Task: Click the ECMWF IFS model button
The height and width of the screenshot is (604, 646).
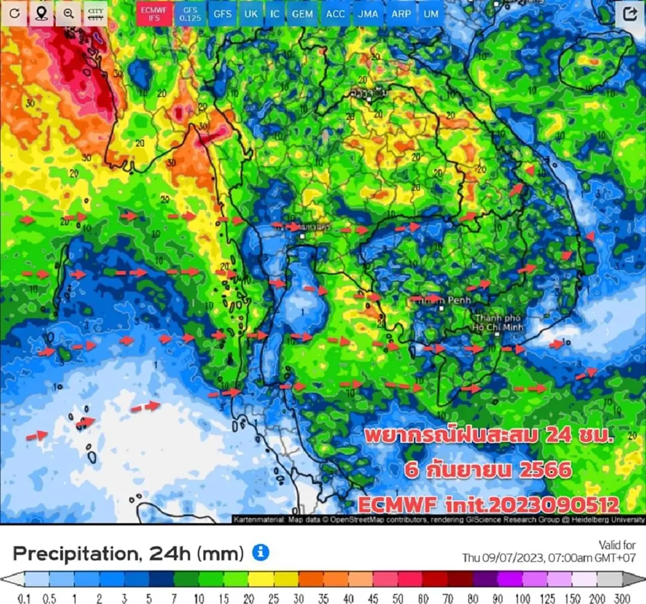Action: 154,14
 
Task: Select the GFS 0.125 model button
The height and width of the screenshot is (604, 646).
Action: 190,14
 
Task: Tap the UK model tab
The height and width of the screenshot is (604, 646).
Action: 251,14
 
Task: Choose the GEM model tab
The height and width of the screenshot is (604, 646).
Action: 302,14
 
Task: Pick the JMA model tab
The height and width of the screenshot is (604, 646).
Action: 368,14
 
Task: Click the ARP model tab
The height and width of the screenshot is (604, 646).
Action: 401,14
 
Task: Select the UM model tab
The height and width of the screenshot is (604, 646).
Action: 431,14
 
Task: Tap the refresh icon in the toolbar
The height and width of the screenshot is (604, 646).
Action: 15,13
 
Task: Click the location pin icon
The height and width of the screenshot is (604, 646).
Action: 41,13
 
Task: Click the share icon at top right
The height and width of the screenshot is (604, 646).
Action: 630,13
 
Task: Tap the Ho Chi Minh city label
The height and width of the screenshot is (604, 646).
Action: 498,322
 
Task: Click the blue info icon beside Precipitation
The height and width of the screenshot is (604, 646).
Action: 261,552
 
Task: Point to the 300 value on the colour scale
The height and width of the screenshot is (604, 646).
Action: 622,598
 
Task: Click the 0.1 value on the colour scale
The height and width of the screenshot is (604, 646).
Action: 24,598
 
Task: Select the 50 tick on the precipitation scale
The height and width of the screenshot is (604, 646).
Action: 397,598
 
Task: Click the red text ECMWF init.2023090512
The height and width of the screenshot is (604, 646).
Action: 489,504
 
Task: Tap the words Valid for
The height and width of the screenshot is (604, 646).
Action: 617,545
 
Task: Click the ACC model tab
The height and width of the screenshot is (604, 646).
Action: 335,14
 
